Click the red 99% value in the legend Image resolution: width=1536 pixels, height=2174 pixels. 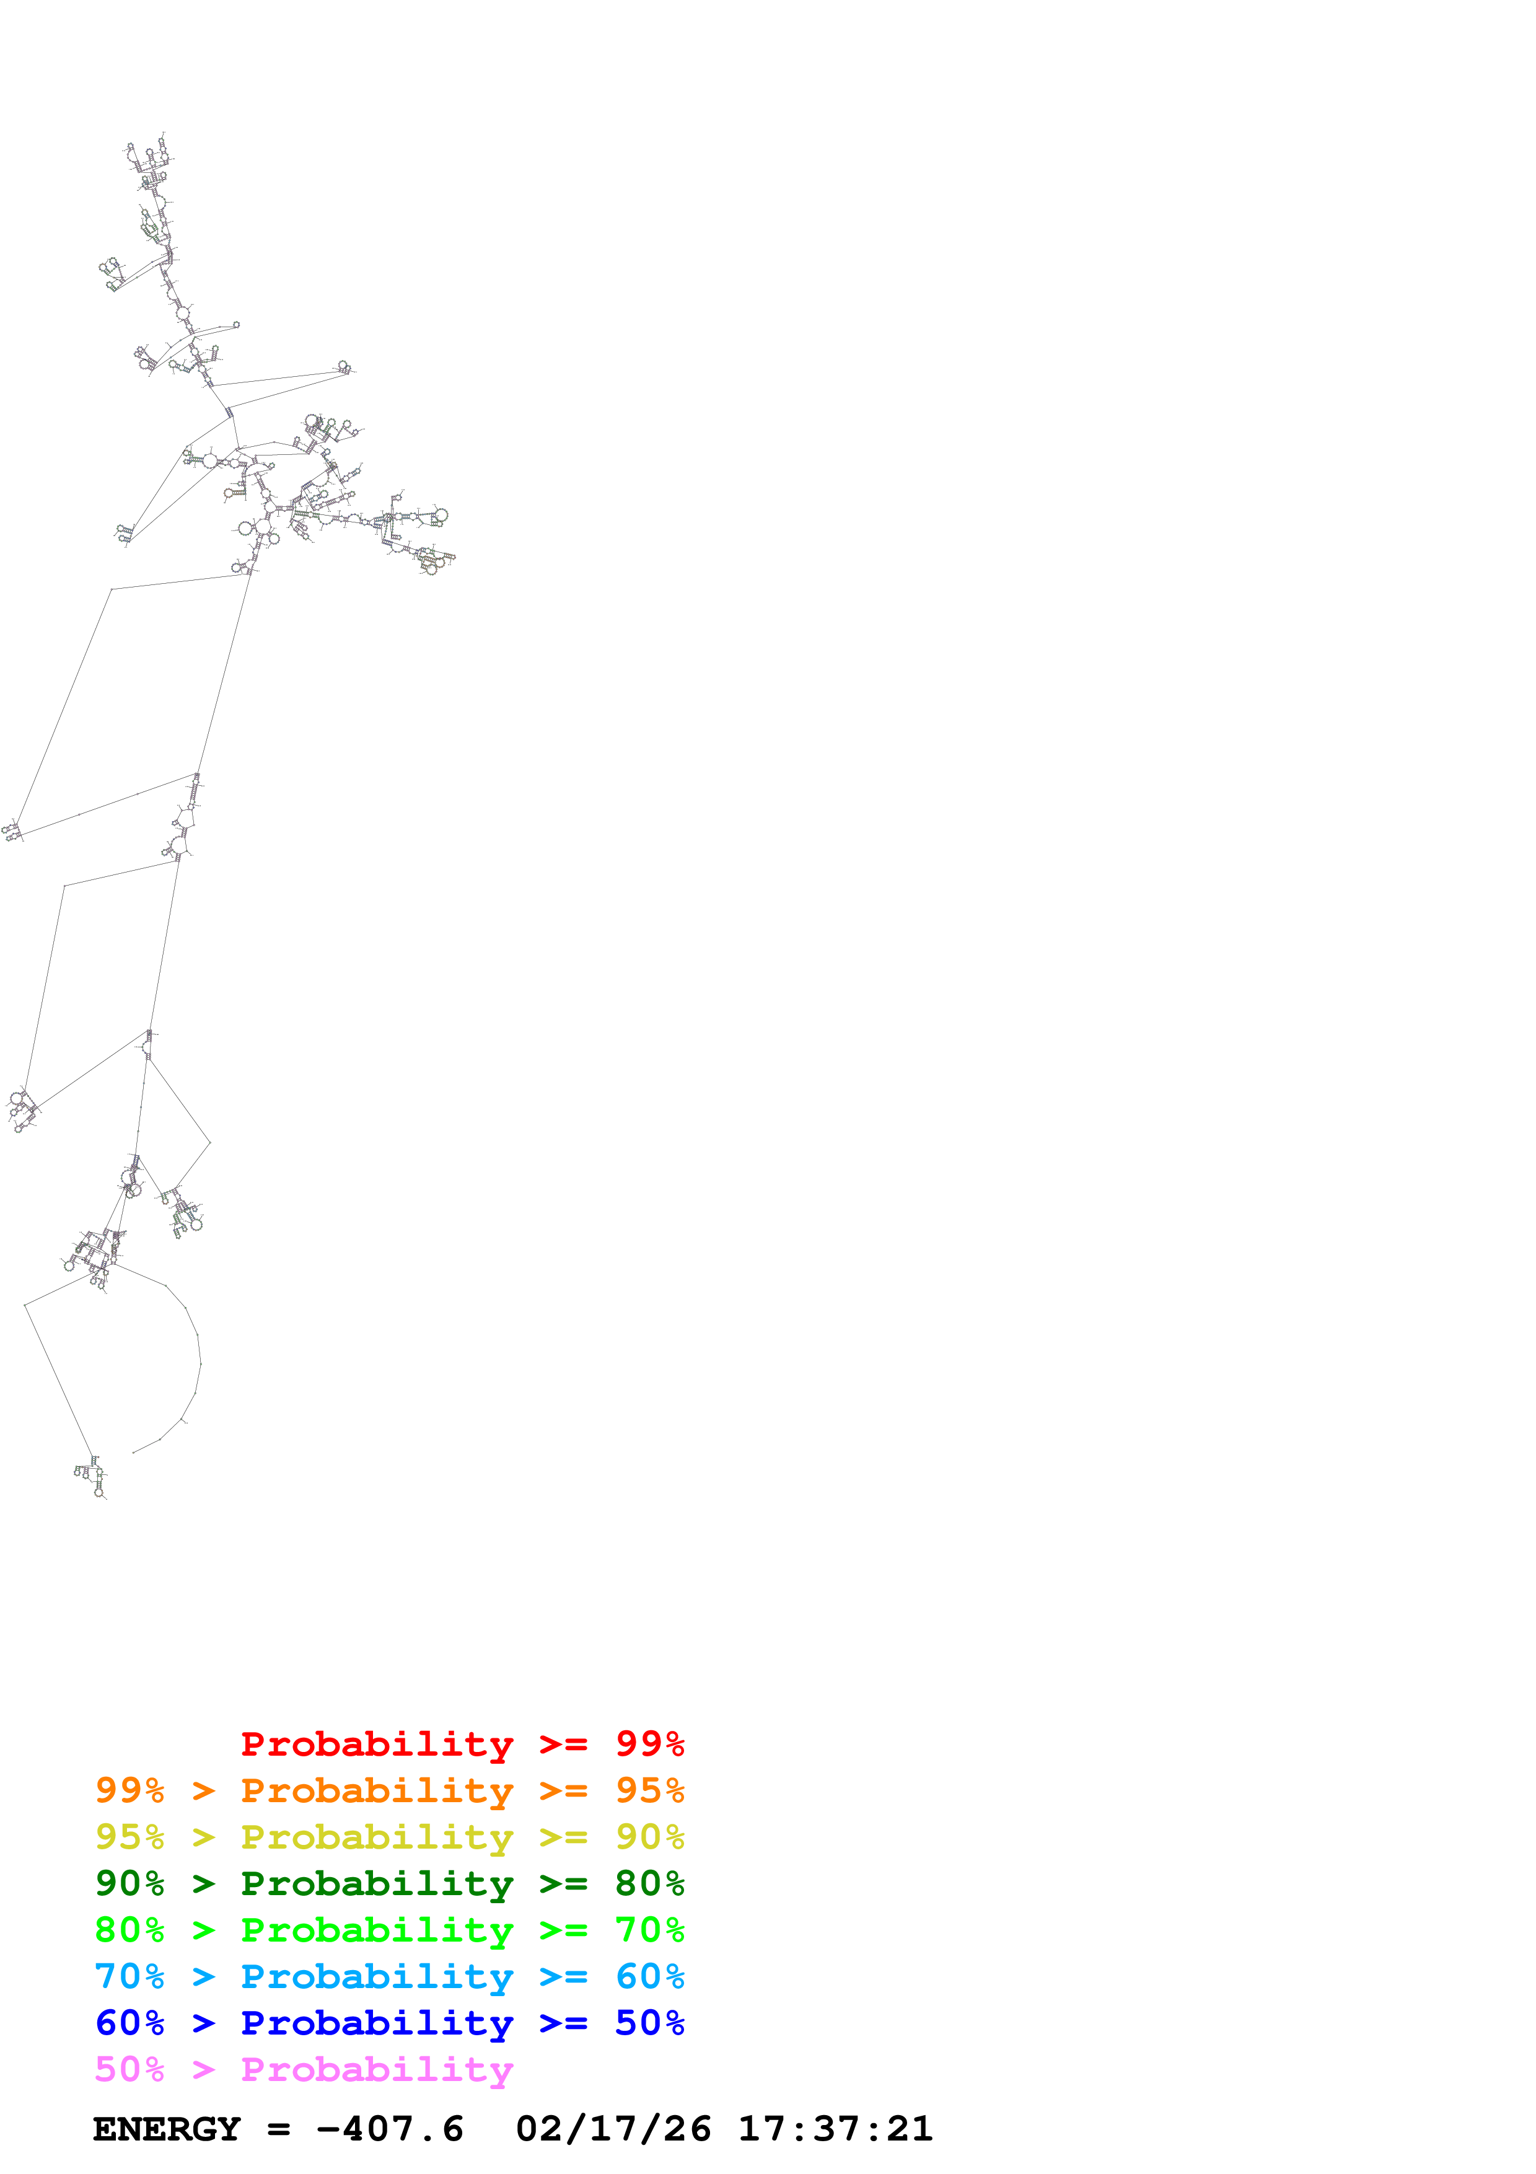pyautogui.click(x=649, y=1744)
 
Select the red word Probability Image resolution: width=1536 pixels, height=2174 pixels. pyautogui.click(x=377, y=1744)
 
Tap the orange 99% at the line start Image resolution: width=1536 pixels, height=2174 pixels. pyautogui.click(x=129, y=1790)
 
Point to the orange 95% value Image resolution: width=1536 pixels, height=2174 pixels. pyautogui.click(x=649, y=1790)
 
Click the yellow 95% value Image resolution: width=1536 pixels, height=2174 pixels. pyautogui.click(x=129, y=1837)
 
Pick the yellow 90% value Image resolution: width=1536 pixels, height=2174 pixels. pyautogui.click(x=649, y=1837)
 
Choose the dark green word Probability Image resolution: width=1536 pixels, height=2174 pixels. pyautogui.click(x=377, y=1883)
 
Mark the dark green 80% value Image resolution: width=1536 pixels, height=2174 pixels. pyautogui.click(x=649, y=1883)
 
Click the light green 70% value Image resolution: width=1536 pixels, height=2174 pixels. pyautogui.click(x=649, y=1930)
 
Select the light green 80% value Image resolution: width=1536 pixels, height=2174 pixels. pyautogui.click(x=129, y=1930)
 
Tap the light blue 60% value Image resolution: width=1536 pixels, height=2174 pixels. pyautogui.click(x=649, y=1976)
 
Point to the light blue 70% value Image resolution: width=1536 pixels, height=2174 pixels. pyautogui.click(x=129, y=1976)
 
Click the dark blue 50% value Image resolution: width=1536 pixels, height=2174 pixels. pyautogui.click(x=649, y=2023)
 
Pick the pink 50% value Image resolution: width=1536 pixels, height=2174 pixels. pyautogui.click(x=129, y=2069)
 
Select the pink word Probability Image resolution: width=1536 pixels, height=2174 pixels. pyautogui.click(x=377, y=2069)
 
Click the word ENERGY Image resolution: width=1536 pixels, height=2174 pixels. pyautogui.click(x=167, y=2129)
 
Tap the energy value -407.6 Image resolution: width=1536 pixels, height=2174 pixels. pyautogui.click(x=390, y=2129)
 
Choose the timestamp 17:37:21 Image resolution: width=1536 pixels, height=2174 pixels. pyautogui.click(x=835, y=2129)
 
